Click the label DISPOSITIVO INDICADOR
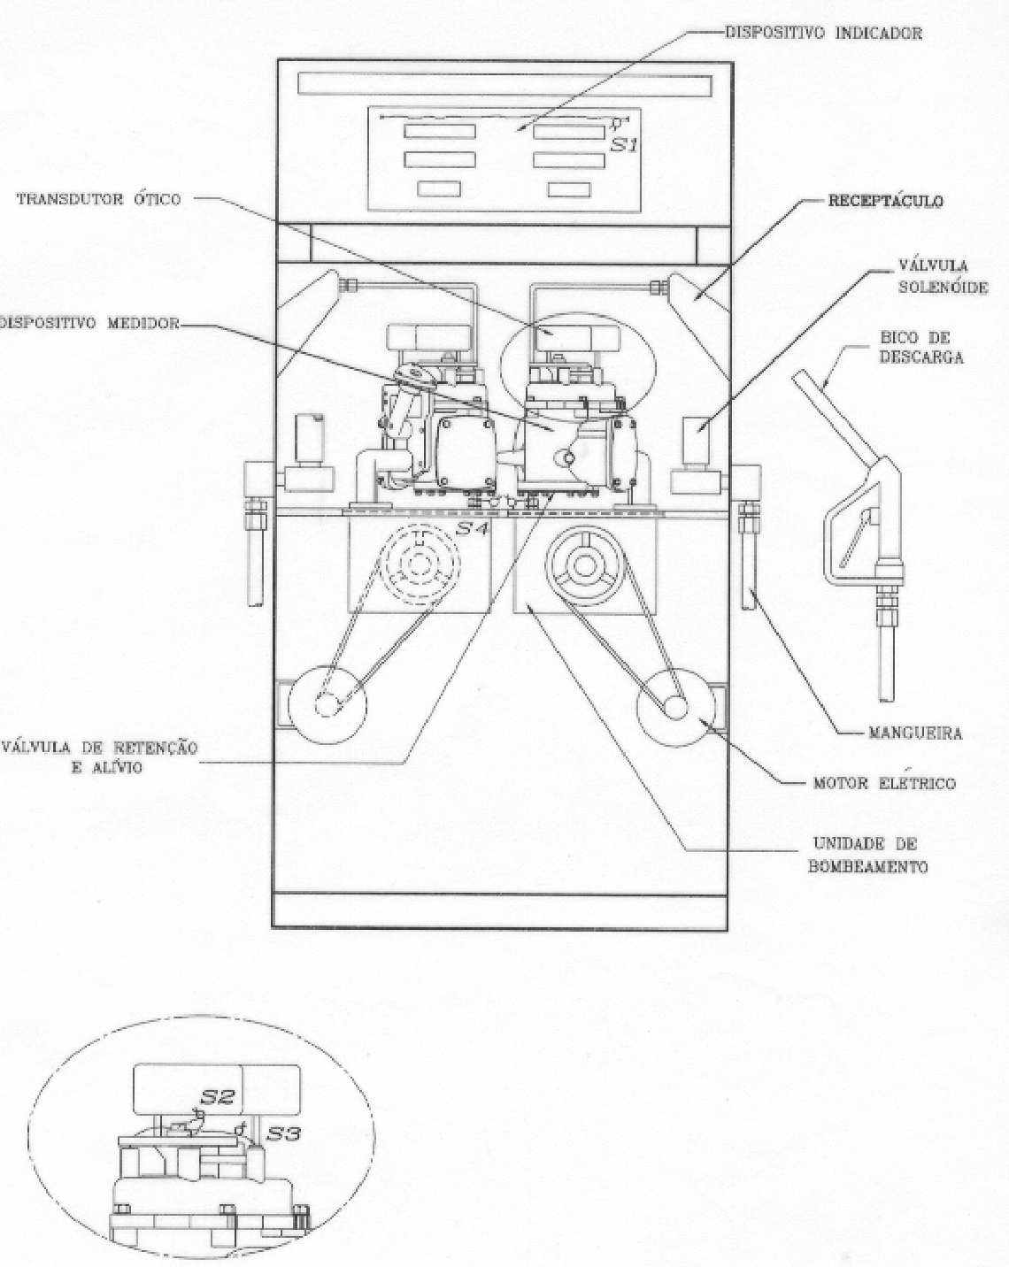[823, 33]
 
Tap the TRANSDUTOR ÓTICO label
[98, 200]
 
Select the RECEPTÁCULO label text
[885, 201]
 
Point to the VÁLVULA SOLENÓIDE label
[943, 276]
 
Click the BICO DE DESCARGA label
[922, 348]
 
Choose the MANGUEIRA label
[915, 733]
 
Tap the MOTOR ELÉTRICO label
[884, 783]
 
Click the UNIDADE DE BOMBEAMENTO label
[867, 856]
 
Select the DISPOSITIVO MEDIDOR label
[89, 323]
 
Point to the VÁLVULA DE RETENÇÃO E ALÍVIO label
[99, 757]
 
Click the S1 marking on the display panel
[623, 145]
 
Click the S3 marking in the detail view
[283, 1133]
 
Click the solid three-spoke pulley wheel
[584, 565]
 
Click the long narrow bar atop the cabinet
[504, 84]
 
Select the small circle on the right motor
[676, 707]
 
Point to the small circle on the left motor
[326, 705]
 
